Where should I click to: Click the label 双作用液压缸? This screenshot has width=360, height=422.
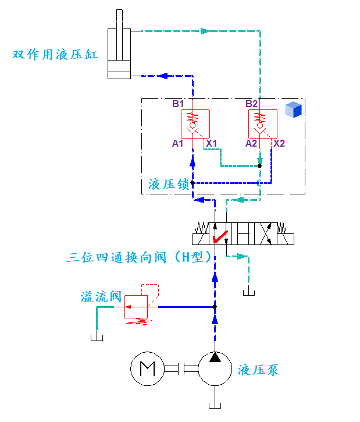55,55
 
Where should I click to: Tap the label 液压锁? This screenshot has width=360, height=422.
169,185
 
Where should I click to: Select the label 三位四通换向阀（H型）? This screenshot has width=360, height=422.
138,257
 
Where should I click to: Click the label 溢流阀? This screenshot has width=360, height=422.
101,297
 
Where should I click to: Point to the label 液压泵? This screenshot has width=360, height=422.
259,370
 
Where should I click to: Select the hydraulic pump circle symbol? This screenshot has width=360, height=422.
215,368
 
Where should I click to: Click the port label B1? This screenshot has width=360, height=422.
178,104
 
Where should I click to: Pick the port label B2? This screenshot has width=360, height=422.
251,104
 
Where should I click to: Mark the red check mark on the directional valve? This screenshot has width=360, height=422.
220,236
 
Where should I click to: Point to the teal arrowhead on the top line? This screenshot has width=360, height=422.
204,30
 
